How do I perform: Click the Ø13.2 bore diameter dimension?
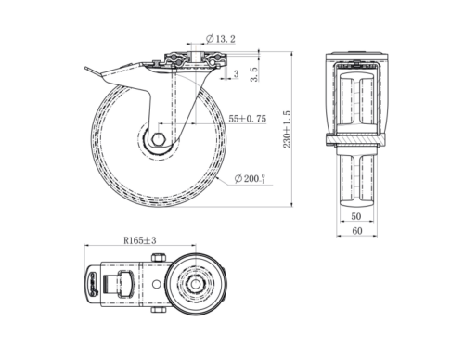pos(221,39)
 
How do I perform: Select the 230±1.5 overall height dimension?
pos(288,129)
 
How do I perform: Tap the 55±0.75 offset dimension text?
pos(247,119)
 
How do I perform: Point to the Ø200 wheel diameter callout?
pos(250,179)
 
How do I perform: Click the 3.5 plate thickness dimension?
pos(254,74)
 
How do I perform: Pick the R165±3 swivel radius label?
pos(140,240)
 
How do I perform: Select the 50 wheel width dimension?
pos(356,216)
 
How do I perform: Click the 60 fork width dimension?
pos(357,231)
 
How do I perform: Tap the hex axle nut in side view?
pos(159,139)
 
